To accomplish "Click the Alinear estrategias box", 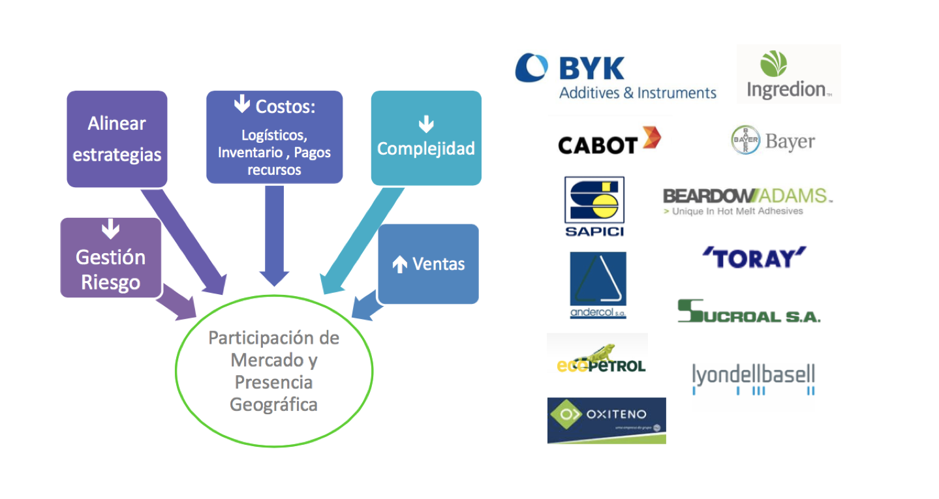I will [x=117, y=139].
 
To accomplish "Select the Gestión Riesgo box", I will [x=110, y=258].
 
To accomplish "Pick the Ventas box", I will [x=428, y=264].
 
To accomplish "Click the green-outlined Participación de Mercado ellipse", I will [x=274, y=371].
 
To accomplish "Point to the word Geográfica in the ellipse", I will [x=273, y=404].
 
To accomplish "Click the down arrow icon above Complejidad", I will [x=426, y=123].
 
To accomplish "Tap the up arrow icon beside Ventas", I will [x=399, y=264].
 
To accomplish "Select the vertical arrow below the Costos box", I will [x=274, y=235].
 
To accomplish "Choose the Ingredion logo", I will [x=788, y=74].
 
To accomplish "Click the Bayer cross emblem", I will [x=745, y=140].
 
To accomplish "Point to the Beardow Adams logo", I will [x=747, y=201].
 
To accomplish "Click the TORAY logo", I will [x=754, y=258].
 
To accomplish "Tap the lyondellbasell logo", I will [x=753, y=378].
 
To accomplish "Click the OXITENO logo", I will [x=606, y=420].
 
